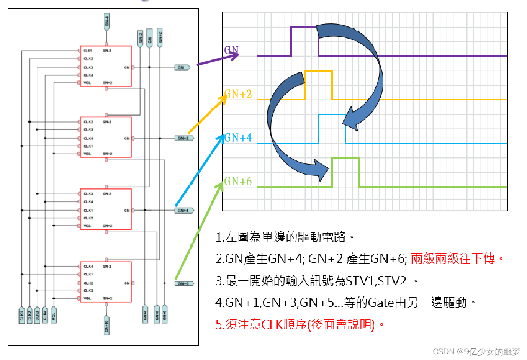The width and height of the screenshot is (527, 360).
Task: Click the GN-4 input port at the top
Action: point(106,22)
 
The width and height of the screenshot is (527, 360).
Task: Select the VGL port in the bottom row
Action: point(54,315)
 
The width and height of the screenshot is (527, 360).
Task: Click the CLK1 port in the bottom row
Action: point(21,315)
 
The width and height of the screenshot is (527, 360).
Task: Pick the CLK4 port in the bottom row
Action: point(45,315)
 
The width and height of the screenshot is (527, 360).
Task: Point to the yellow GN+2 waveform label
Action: point(238,94)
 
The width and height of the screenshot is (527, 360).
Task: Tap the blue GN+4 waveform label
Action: point(238,138)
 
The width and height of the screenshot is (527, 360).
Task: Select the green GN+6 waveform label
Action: point(238,182)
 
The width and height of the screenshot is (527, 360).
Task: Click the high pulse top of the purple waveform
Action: point(304,27)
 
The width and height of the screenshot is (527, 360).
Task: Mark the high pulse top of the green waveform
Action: point(345,158)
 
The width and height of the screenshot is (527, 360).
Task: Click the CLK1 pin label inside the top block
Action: point(88,51)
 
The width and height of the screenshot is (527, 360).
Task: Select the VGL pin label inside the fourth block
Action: point(87,298)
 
